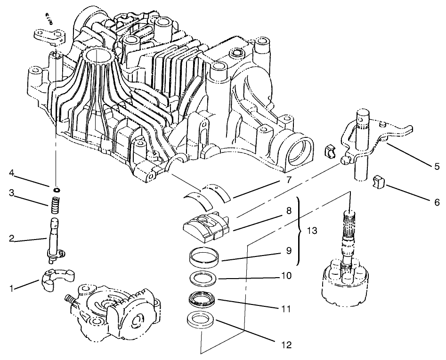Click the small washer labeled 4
[56, 190]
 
